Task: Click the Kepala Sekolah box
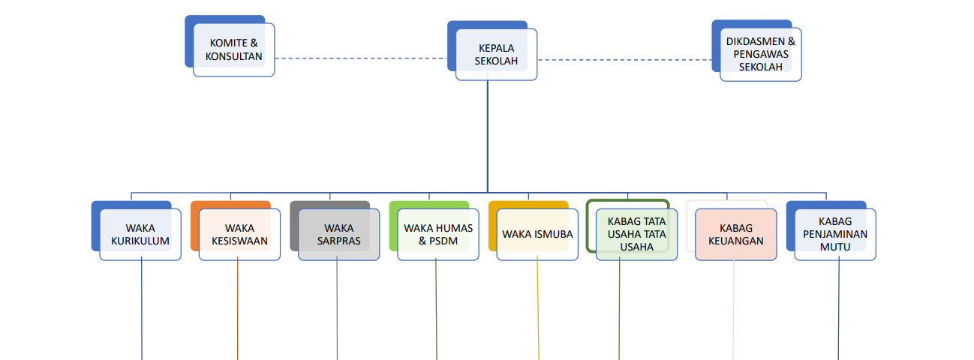pyautogui.click(x=496, y=54)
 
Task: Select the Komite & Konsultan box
pyautogui.click(x=234, y=49)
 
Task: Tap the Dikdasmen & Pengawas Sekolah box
pyautogui.click(x=760, y=54)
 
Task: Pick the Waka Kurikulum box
pyautogui.click(x=140, y=234)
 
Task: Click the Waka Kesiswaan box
pyautogui.click(x=239, y=234)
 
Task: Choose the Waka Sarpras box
pyautogui.click(x=338, y=234)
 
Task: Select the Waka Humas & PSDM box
pyautogui.click(x=437, y=234)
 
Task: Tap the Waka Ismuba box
pyautogui.click(x=537, y=234)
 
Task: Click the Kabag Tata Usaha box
pyautogui.click(x=636, y=234)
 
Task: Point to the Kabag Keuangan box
pyautogui.click(x=735, y=234)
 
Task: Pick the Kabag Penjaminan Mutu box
pyautogui.click(x=835, y=234)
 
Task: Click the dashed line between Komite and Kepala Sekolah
pyautogui.click(x=360, y=58)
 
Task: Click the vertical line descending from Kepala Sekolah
pyautogui.click(x=488, y=135)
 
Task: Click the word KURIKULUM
pyautogui.click(x=140, y=241)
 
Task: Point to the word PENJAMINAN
pyautogui.click(x=835, y=234)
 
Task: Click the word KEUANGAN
pyautogui.click(x=735, y=241)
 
